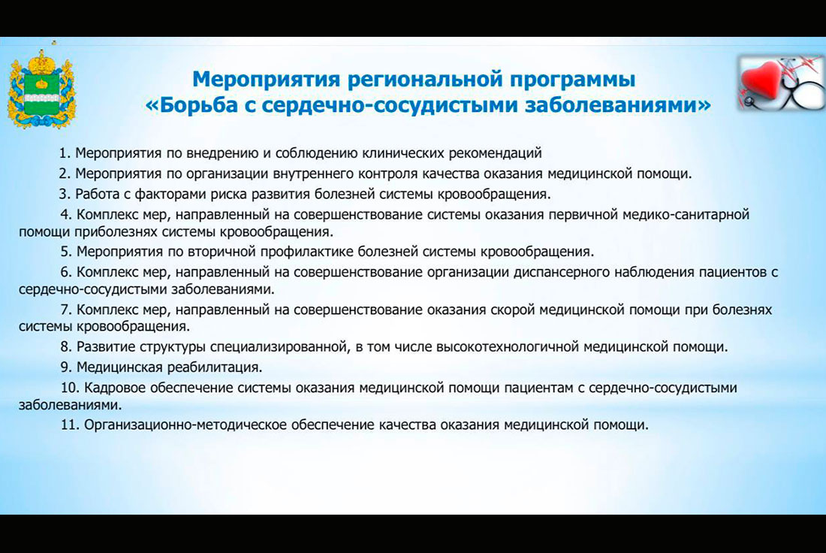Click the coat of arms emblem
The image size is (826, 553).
[x=41, y=89]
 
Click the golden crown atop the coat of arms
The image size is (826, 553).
[x=41, y=62]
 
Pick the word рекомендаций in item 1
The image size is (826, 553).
[x=495, y=153]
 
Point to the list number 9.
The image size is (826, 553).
[x=66, y=367]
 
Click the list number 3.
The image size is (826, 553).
[x=65, y=195]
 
